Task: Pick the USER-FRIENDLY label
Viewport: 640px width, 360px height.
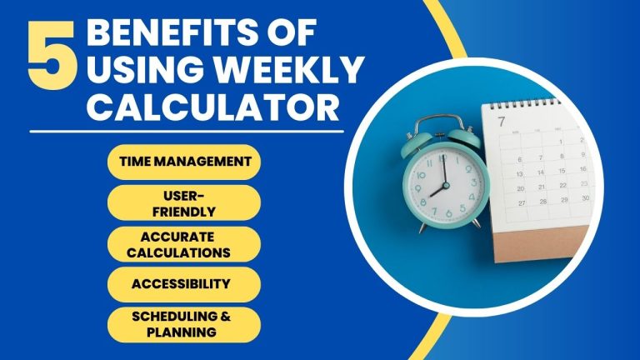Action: (x=184, y=202)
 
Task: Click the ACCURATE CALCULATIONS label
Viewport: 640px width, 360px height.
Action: (x=184, y=242)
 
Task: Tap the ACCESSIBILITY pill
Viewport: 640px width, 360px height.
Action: (x=181, y=283)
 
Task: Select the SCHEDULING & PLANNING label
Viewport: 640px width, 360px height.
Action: (x=184, y=323)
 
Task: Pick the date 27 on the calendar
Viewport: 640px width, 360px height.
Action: (x=522, y=202)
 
